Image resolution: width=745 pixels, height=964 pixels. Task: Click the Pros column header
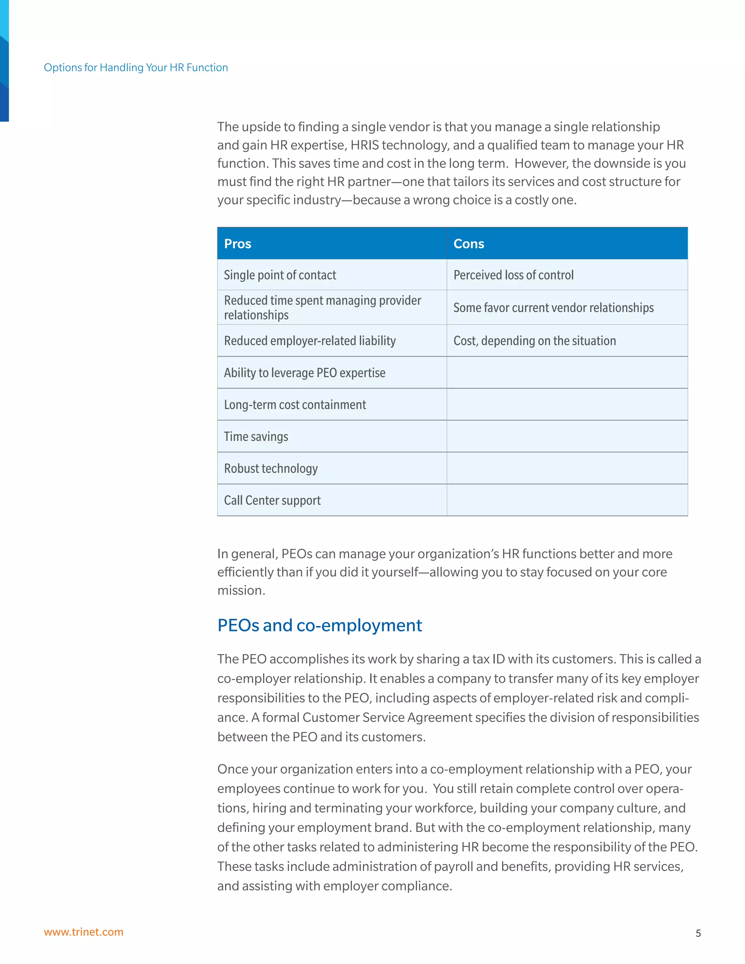pyautogui.click(x=238, y=244)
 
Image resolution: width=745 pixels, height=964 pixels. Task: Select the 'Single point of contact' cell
pyautogui.click(x=280, y=275)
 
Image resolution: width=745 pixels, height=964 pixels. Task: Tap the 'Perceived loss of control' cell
pyautogui.click(x=513, y=275)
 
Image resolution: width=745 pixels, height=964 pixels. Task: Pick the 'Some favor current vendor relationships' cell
pyautogui.click(x=553, y=308)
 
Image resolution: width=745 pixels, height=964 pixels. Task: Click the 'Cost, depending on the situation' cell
pyautogui.click(x=534, y=341)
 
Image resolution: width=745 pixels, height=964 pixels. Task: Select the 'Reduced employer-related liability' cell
pyautogui.click(x=310, y=341)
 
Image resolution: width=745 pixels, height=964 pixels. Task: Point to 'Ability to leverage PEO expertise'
pyautogui.click(x=304, y=373)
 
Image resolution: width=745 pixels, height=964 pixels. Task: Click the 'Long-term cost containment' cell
pyautogui.click(x=295, y=405)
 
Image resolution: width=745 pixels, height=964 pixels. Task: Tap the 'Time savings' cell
pyautogui.click(x=256, y=437)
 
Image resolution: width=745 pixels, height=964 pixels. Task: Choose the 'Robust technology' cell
pyautogui.click(x=271, y=468)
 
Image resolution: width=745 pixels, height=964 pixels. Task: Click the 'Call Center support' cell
pyautogui.click(x=272, y=500)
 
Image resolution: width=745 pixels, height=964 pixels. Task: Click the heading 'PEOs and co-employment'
pyautogui.click(x=319, y=625)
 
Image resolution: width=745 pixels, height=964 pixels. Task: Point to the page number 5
pyautogui.click(x=698, y=933)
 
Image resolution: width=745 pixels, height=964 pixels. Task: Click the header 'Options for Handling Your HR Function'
pyautogui.click(x=136, y=68)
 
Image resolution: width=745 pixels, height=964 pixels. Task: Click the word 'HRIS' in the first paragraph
pyautogui.click(x=364, y=145)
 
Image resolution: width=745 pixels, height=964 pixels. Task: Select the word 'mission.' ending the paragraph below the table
pyautogui.click(x=241, y=590)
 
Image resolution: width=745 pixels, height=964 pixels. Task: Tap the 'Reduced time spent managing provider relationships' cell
pyautogui.click(x=322, y=307)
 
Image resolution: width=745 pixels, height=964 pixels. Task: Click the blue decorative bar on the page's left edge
pyautogui.click(x=4, y=62)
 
